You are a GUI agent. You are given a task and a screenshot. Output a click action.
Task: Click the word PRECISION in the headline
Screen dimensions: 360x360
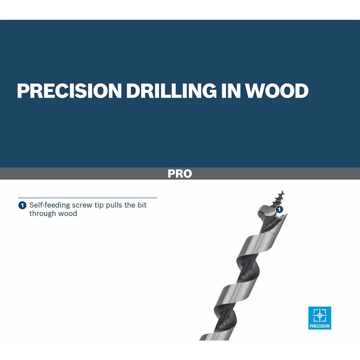pyautogui.click(x=69, y=91)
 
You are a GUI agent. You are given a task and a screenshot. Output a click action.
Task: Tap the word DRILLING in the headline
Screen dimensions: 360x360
pyautogui.click(x=171, y=91)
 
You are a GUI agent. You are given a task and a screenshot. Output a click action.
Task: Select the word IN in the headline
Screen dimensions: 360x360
pyautogui.click(x=231, y=91)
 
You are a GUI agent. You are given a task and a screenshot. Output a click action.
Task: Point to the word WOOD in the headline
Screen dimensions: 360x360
pyautogui.click(x=277, y=91)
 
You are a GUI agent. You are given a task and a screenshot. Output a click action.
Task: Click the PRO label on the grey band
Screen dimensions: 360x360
pyautogui.click(x=180, y=174)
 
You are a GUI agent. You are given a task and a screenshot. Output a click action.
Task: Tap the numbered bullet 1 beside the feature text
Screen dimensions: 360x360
pyautogui.click(x=22, y=205)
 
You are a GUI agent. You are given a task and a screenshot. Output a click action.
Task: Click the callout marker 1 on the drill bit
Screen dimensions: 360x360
pyautogui.click(x=279, y=210)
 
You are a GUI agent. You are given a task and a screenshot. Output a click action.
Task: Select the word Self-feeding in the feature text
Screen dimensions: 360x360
pyautogui.click(x=50, y=205)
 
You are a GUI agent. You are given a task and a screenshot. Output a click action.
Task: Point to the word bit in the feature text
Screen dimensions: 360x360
pyautogui.click(x=142, y=205)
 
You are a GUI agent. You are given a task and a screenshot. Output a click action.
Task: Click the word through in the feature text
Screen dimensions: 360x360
pyautogui.click(x=43, y=214)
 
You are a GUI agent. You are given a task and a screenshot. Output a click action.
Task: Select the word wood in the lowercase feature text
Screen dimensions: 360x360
pyautogui.click(x=68, y=214)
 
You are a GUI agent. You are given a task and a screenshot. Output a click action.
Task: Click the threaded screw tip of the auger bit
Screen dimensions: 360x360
pyautogui.click(x=279, y=198)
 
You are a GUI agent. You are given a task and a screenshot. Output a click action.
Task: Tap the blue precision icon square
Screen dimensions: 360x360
pyautogui.click(x=320, y=318)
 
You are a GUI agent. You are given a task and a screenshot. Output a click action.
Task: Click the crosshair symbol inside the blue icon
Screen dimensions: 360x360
pyautogui.click(x=320, y=315)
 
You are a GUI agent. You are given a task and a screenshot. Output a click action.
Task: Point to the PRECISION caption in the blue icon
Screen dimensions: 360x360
pyautogui.click(x=320, y=326)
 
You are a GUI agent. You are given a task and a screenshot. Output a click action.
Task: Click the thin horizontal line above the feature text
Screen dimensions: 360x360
pyautogui.click(x=88, y=198)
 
